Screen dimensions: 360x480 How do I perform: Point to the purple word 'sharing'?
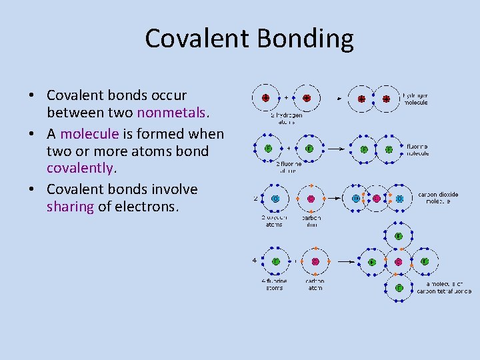pyautogui.click(x=70, y=207)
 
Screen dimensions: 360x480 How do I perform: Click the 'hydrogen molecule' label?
pyautogui.click(x=415, y=99)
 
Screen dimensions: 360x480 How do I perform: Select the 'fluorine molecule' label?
pyautogui.click(x=417, y=149)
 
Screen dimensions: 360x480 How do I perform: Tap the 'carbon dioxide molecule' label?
pyautogui.click(x=437, y=198)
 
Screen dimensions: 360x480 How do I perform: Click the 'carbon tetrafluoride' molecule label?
pyautogui.click(x=443, y=288)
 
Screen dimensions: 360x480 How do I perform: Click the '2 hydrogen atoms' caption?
pyautogui.click(x=286, y=117)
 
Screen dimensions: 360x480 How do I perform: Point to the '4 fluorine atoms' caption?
pyautogui.click(x=274, y=285)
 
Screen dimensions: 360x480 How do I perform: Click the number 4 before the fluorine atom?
pyautogui.click(x=255, y=260)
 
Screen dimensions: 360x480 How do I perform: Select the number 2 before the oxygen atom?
pyautogui.click(x=255, y=198)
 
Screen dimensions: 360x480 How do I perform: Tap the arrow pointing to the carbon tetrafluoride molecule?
pyautogui.click(x=345, y=262)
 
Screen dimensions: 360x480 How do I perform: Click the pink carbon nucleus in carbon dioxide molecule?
pyautogui.click(x=377, y=198)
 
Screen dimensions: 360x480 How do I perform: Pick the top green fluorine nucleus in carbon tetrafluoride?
pyautogui.click(x=399, y=236)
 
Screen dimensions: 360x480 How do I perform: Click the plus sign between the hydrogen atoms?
pyautogui.click(x=286, y=97)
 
